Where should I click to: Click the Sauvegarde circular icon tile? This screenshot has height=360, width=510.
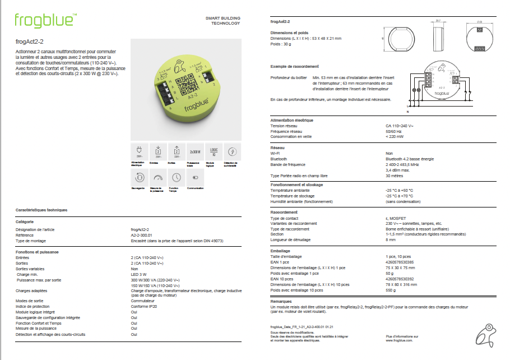(x=138, y=177)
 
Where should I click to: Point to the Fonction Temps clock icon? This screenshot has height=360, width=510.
(x=177, y=177)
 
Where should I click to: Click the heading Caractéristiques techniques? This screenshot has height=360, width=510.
(x=41, y=210)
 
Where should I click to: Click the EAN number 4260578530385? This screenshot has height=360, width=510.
(x=400, y=262)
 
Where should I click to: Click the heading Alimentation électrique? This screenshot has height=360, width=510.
(x=291, y=120)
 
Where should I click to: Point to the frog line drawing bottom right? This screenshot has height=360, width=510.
(x=485, y=335)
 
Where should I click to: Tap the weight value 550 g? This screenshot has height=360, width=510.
(x=391, y=290)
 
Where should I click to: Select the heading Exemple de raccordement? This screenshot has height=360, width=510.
(x=294, y=66)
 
